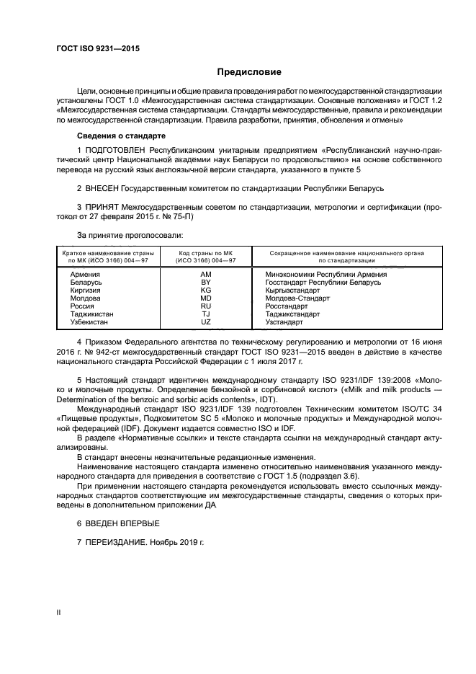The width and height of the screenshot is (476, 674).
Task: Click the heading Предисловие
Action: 250,72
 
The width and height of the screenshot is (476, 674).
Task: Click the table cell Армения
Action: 85,275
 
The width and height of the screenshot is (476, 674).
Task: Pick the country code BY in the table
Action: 205,283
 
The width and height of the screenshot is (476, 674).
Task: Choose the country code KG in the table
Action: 205,291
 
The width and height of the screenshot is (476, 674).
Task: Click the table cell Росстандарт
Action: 286,306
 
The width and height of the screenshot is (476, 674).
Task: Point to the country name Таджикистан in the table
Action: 91,314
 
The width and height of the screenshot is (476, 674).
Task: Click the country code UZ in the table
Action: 205,322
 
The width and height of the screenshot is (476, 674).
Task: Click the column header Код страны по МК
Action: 205,254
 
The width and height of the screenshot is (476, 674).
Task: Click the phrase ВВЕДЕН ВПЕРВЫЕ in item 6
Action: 122,523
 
